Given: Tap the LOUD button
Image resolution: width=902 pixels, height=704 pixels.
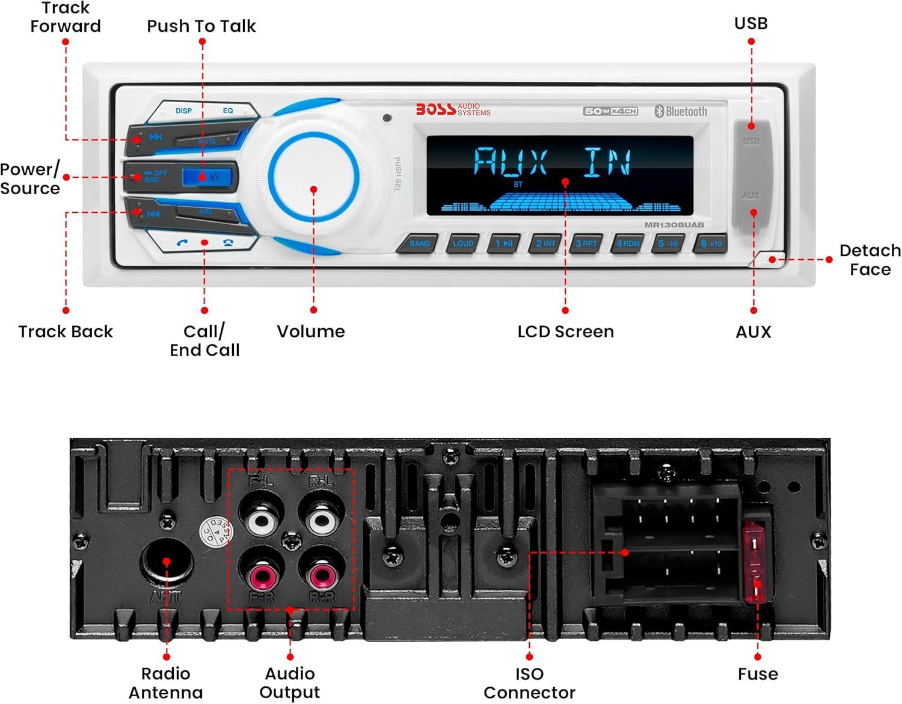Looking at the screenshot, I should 463,243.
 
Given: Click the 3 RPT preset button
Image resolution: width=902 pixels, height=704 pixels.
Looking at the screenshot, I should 586,243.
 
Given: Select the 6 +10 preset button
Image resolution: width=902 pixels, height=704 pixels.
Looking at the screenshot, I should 711,243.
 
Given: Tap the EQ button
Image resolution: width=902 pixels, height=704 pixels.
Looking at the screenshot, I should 228,111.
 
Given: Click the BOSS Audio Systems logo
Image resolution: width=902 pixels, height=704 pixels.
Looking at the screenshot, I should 453,109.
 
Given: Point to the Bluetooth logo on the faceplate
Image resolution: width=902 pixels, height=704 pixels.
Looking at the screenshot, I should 681,111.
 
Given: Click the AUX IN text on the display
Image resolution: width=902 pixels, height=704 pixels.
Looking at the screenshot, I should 552,162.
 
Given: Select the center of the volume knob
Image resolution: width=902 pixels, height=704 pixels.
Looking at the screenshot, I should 313,176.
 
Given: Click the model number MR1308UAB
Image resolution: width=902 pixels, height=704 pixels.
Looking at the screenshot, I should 674,225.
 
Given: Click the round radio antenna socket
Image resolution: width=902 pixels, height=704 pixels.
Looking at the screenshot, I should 167,562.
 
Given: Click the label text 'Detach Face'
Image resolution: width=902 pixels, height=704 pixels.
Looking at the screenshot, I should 870,260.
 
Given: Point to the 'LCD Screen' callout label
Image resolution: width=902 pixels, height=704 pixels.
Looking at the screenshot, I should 565,332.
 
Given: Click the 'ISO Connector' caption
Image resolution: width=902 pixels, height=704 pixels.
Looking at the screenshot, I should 529,683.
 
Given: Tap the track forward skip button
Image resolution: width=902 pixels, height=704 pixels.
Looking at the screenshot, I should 155,137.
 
